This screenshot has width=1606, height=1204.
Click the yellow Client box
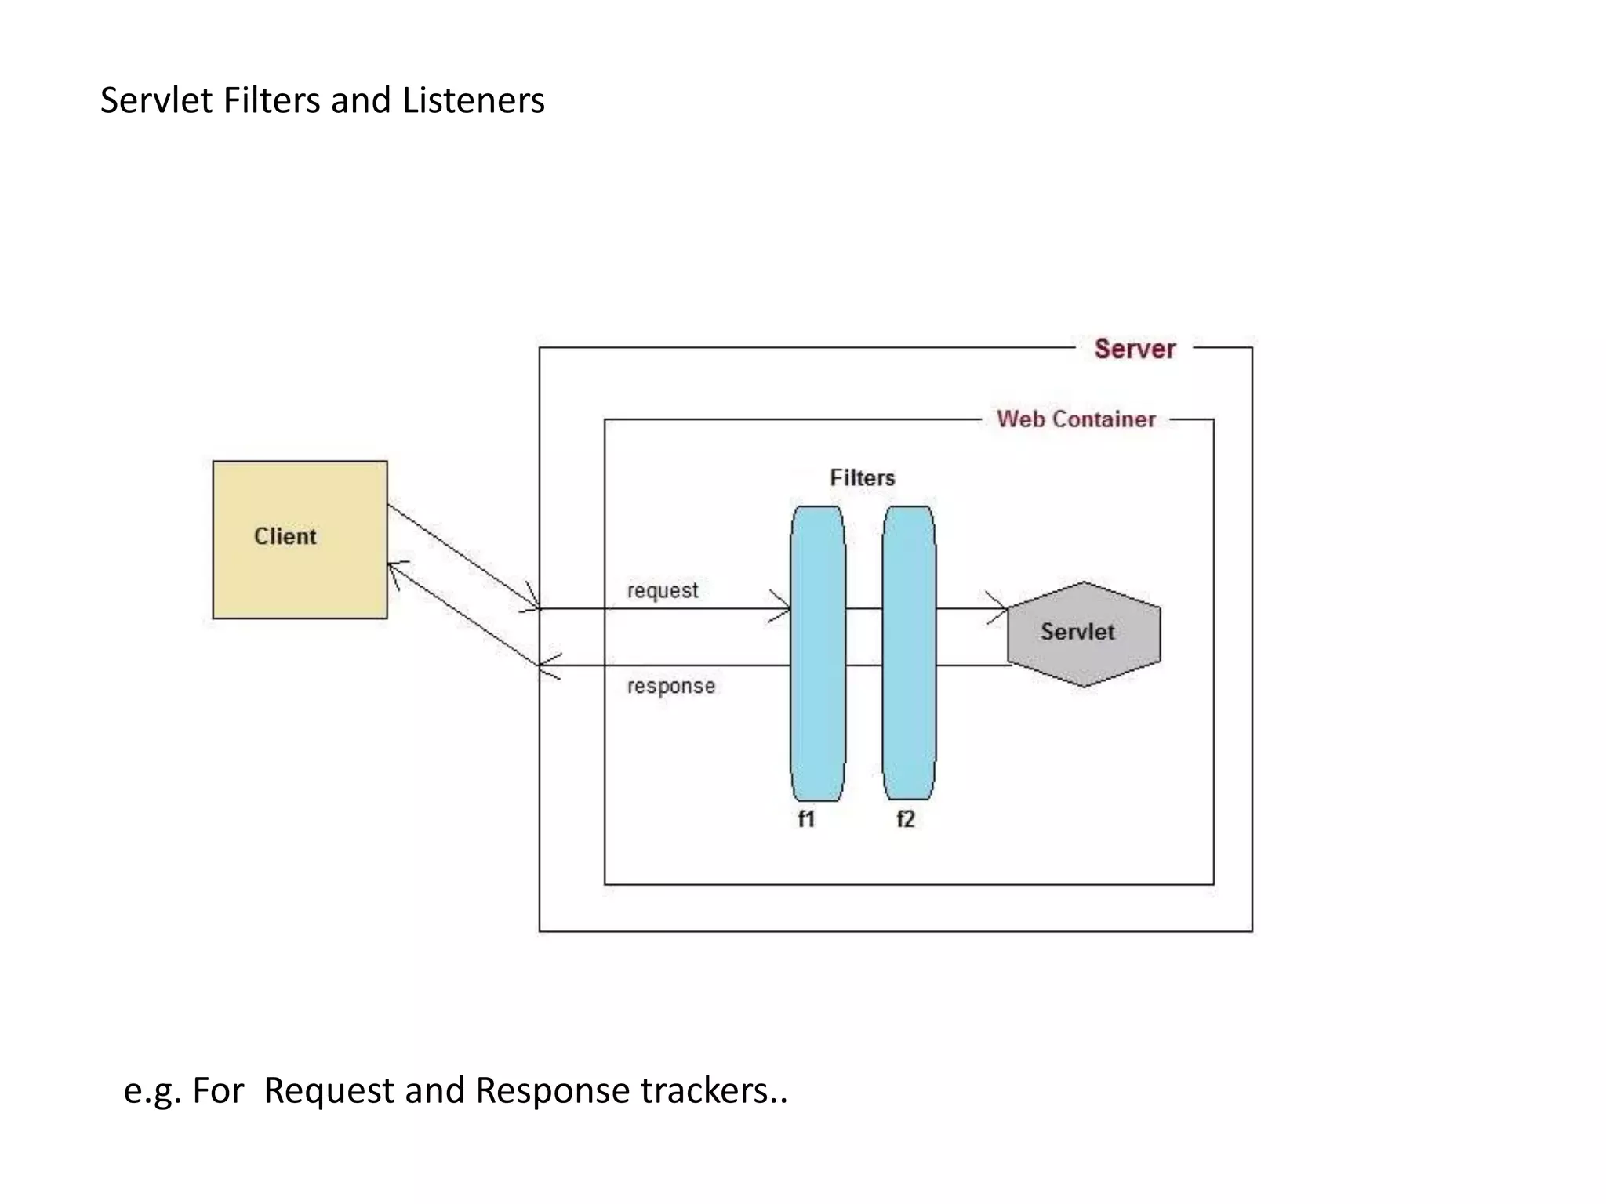300,539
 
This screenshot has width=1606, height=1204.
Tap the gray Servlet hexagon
1084,633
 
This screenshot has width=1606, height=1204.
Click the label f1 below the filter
806,819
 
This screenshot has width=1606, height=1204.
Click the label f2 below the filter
905,819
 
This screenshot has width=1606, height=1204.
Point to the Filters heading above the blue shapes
862,477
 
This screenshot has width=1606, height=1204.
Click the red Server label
1134,349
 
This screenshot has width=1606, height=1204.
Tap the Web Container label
1076,419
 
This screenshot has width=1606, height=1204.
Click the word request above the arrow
662,590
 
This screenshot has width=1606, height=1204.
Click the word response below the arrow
670,686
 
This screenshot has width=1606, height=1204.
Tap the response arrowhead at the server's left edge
545,665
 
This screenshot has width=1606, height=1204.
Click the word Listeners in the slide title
473,100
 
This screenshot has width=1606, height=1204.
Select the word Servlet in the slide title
156,100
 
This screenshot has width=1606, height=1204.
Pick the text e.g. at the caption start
152,1091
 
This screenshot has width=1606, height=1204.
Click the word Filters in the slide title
272,100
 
